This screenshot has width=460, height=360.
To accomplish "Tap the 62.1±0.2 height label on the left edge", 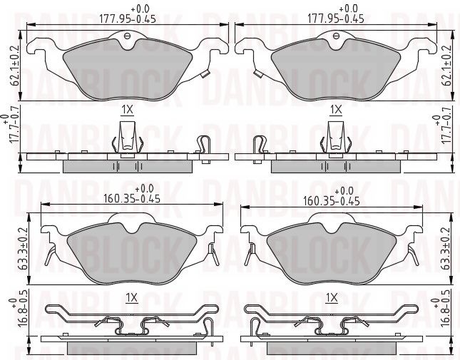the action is (14, 66).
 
